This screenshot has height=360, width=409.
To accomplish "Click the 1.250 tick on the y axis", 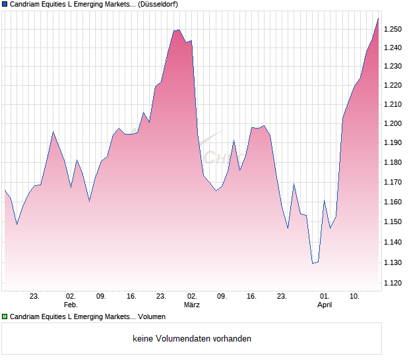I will tap(393, 29).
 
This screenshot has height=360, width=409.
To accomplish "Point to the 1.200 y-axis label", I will tap(393, 124).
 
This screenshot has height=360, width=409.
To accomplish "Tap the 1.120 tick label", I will tap(393, 284).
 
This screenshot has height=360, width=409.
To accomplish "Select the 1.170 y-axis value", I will tap(393, 182).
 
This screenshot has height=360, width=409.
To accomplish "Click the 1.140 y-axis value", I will tap(393, 243).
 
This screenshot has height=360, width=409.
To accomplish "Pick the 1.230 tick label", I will tap(393, 67).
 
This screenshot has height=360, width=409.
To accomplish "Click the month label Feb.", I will tap(71, 305).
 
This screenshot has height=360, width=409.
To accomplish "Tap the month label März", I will tap(191, 305).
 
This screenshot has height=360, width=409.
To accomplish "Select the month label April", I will tap(325, 305).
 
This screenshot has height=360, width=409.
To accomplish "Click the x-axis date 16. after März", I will tap(251, 297).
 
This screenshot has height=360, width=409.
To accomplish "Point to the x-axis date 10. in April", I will tap(355, 297).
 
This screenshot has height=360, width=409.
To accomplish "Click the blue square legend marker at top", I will tap(5, 4).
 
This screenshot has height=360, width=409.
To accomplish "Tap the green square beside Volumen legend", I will tap(5, 317).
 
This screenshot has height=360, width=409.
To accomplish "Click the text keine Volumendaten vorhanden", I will tap(192, 339).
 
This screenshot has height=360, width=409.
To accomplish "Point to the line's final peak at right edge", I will tap(378, 18).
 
